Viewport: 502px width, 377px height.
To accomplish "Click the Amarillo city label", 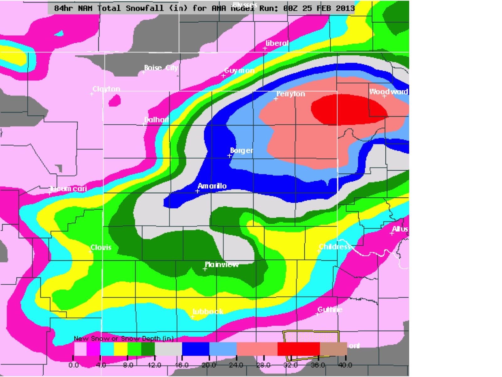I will click(212, 186).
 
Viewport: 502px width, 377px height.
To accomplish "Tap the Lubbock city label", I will click(208, 312).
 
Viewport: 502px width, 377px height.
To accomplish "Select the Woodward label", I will click(388, 92).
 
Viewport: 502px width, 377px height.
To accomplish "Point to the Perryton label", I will click(291, 94).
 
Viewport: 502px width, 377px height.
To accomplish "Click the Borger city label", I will click(241, 150).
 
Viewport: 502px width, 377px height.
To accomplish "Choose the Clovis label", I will click(101, 248).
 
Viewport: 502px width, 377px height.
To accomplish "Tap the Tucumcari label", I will click(68, 188).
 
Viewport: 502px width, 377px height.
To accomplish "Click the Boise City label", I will click(161, 68).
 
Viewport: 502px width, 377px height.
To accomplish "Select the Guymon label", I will click(239, 71).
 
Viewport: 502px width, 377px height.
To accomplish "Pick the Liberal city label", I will click(277, 43).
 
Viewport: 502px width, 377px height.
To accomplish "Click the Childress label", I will click(334, 247).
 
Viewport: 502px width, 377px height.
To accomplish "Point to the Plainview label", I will click(222, 265).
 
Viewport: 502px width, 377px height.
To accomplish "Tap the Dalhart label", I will click(156, 120).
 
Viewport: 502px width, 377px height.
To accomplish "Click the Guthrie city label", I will click(330, 310).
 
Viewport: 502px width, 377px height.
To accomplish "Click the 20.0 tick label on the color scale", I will click(209, 365).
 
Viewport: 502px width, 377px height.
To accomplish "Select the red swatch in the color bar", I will click(298, 349).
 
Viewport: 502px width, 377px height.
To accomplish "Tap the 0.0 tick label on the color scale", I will click(73, 365).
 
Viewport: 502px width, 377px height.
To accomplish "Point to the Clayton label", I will click(106, 89).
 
